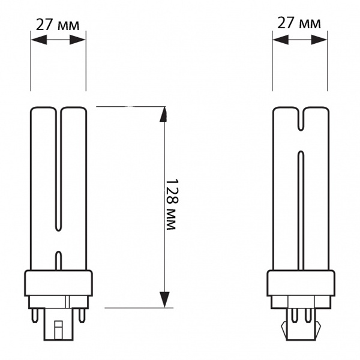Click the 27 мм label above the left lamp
(58, 25)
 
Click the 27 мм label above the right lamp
(299, 23)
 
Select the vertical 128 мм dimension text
(171, 204)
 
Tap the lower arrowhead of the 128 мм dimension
(164, 299)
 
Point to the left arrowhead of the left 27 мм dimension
(39, 40)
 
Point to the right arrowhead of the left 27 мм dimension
(77, 40)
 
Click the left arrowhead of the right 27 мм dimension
(281, 40)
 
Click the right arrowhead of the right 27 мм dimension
(319, 40)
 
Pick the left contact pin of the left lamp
(35, 315)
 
